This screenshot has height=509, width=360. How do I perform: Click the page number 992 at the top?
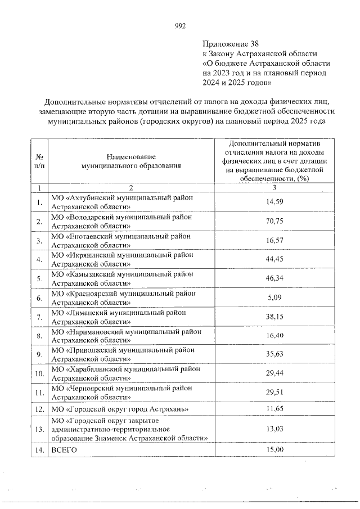[180, 26]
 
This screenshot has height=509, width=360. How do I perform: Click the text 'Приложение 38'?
[231, 43]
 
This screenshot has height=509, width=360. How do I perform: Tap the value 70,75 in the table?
[274, 222]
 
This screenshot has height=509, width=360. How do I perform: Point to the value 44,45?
[274, 259]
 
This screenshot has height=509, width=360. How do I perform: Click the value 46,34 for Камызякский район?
[274, 278]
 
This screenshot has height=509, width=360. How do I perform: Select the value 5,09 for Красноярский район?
[274, 298]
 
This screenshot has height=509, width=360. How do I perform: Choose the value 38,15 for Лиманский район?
[274, 317]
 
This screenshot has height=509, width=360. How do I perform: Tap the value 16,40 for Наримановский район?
[274, 336]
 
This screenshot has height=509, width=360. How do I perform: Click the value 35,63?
[274, 354]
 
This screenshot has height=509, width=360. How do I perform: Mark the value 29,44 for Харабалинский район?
[274, 373]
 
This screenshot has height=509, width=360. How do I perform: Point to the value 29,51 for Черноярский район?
[274, 393]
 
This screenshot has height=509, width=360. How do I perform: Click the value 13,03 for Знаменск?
[274, 430]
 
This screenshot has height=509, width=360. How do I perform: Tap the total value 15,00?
[274, 450]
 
